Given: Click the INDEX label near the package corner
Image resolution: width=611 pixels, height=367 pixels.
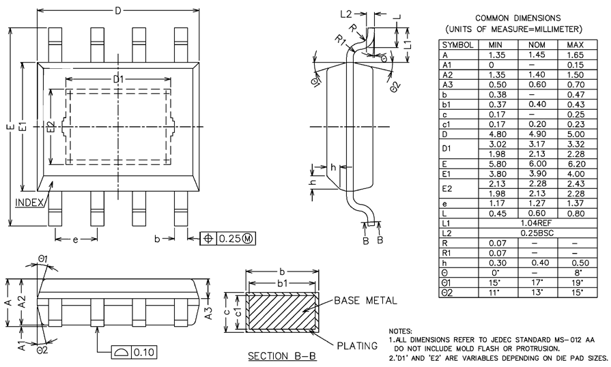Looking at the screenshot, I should [29, 203].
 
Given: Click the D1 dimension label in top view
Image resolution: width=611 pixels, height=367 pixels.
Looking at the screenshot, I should [119, 80].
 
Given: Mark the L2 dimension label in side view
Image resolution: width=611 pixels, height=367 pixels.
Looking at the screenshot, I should [345, 14].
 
